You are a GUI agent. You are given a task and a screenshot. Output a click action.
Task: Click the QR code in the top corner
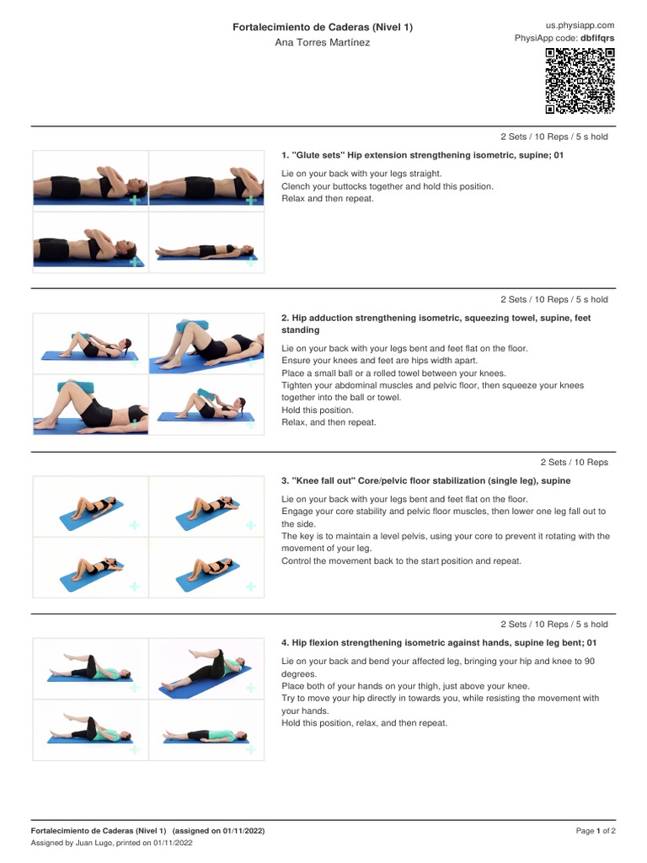(580, 81)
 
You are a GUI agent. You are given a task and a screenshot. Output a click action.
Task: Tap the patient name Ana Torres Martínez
(323, 43)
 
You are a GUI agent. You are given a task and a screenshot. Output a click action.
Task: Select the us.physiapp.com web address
(580, 26)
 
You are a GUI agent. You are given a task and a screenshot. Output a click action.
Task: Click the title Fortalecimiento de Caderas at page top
(323, 28)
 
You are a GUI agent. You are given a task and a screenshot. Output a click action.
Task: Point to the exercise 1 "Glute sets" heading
(422, 155)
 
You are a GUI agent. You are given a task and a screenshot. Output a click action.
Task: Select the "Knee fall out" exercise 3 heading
(425, 480)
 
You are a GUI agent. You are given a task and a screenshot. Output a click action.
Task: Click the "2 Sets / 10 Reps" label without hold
(574, 462)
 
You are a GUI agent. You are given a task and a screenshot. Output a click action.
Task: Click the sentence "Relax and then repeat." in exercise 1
(327, 199)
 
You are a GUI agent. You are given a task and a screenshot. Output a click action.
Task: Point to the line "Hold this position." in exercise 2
(318, 410)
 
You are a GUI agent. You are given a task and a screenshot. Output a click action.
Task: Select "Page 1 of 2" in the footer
(596, 831)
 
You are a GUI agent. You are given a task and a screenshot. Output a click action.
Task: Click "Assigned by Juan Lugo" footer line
(112, 843)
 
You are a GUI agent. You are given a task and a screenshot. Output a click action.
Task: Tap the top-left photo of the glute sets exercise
(90, 181)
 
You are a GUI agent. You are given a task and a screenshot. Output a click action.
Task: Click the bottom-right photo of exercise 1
(206, 243)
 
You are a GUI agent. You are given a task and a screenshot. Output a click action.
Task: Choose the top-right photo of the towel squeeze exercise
(206, 344)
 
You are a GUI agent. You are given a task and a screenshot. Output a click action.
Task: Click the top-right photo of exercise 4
(206, 669)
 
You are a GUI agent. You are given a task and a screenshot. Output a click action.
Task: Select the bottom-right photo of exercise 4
(206, 731)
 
